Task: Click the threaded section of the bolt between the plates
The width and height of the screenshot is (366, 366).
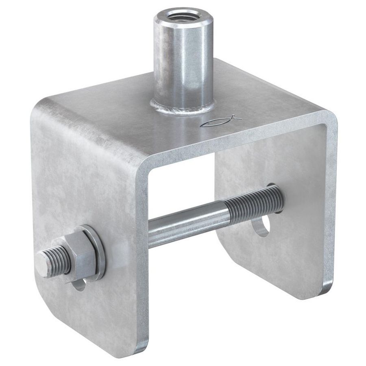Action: pos(252,203)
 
